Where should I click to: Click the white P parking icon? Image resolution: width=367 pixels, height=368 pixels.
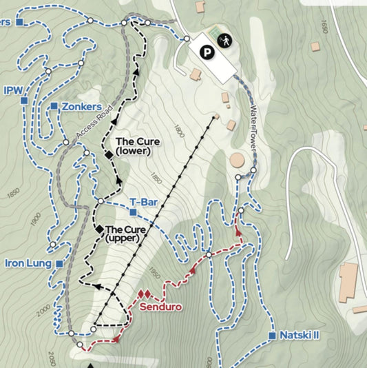207,50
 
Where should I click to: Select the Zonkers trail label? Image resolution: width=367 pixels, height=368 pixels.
87,107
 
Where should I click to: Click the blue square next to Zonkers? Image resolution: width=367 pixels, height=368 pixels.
54,106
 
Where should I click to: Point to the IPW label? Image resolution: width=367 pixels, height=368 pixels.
13,90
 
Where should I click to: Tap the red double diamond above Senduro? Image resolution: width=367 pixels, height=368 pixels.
145,294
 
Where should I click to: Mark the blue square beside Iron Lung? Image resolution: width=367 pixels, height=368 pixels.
60,263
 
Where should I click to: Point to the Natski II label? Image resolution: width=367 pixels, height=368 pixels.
300,336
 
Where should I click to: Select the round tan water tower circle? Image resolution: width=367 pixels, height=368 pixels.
238,160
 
